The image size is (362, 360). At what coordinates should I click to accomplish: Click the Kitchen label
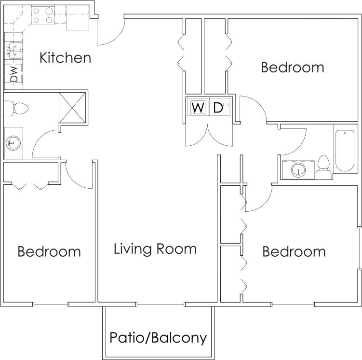tap(65, 58)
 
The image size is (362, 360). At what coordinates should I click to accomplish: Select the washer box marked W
tap(198, 107)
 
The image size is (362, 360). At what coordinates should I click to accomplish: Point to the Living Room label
tap(155, 249)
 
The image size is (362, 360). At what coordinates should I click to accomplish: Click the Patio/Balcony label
tap(158, 337)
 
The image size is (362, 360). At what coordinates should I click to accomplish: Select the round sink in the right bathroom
tap(298, 169)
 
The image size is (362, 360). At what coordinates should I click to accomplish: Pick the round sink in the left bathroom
tap(13, 142)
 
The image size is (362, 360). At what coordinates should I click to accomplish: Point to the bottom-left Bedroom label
tap(49, 251)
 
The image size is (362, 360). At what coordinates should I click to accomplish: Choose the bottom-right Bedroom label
tap(294, 251)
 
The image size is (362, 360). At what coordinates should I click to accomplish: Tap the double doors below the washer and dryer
tap(209, 135)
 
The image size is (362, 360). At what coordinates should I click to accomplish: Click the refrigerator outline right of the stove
tap(77, 17)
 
